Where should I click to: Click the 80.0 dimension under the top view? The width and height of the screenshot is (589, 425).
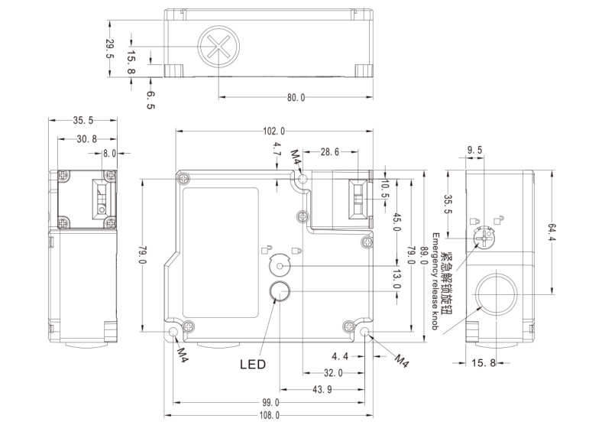click(296, 98)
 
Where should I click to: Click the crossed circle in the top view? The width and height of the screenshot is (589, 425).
click(218, 46)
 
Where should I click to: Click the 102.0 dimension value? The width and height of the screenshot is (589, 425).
click(273, 131)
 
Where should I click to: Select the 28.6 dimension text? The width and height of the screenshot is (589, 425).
click(330, 153)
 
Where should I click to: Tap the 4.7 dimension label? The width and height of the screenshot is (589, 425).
click(277, 150)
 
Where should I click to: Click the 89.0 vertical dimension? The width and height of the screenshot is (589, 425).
click(424, 252)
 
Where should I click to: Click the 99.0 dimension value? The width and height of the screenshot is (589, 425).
click(270, 402)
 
